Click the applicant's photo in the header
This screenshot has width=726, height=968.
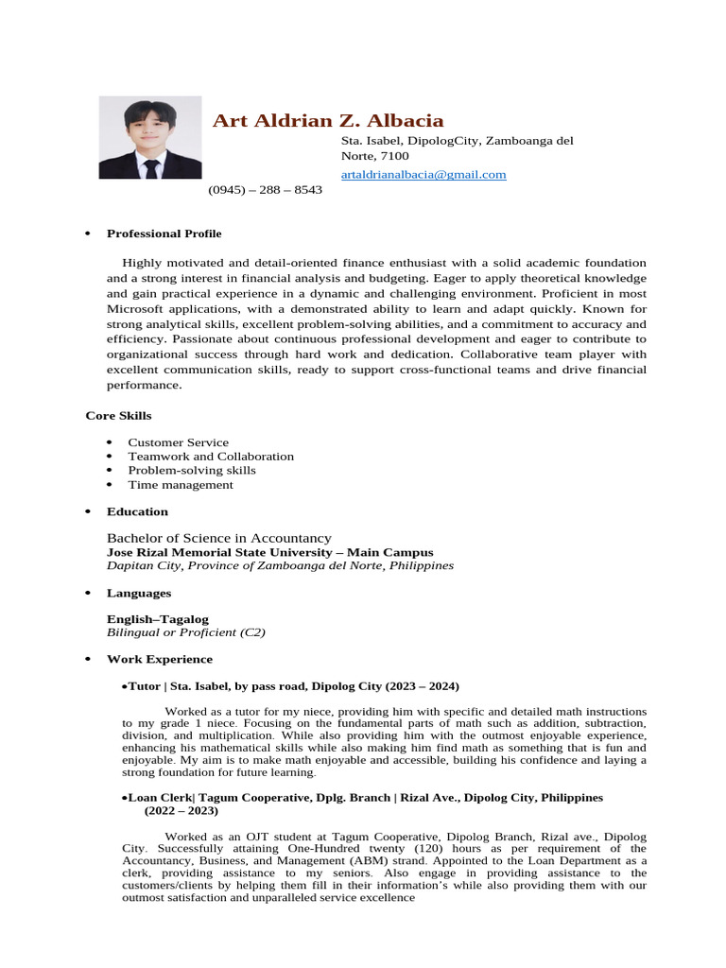(x=150, y=137)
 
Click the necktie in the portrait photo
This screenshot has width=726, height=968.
(x=150, y=169)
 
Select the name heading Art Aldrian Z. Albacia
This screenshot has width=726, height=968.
(x=328, y=120)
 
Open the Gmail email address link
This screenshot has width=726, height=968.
(x=423, y=174)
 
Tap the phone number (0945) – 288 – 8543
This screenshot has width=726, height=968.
(x=265, y=190)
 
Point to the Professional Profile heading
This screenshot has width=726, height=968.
(x=164, y=233)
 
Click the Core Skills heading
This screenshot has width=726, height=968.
(x=118, y=416)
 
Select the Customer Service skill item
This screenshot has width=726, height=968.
(x=178, y=442)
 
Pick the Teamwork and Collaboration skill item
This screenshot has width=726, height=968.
(x=211, y=457)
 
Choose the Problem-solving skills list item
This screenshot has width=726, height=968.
(x=192, y=471)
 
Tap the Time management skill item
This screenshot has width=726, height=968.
(x=180, y=485)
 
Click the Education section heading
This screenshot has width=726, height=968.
(x=137, y=512)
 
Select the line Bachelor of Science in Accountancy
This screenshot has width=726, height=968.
(x=219, y=538)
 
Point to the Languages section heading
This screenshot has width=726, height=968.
(x=139, y=594)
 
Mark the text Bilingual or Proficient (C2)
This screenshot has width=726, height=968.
(x=186, y=632)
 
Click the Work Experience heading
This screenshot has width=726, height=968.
(x=160, y=659)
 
